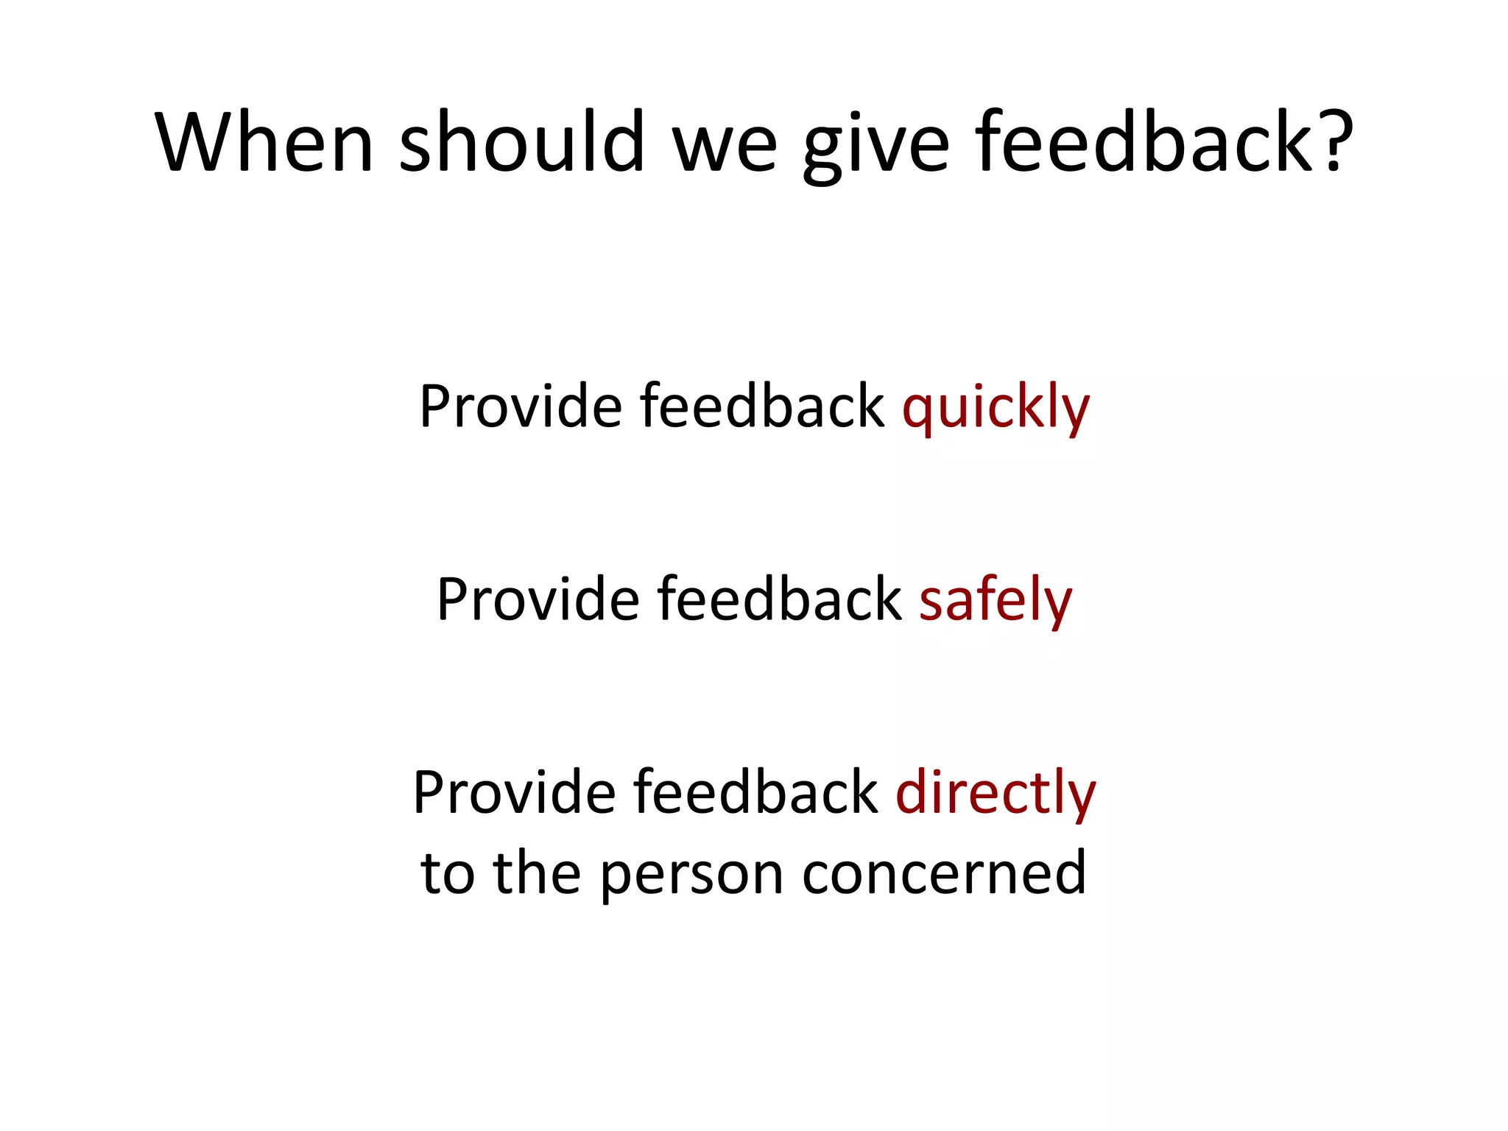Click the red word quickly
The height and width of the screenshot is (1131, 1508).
(x=996, y=407)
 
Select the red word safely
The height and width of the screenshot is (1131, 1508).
(x=996, y=600)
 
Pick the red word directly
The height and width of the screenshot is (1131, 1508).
(x=996, y=793)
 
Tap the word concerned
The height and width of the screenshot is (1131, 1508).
(x=944, y=873)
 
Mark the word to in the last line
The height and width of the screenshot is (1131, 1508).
(x=447, y=873)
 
